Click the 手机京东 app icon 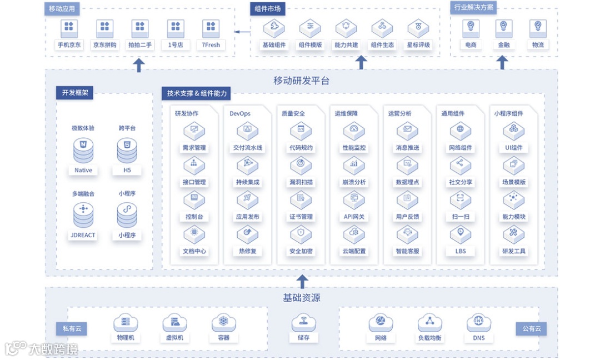69,27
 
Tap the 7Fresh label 211,45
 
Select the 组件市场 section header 268,8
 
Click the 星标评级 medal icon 418,27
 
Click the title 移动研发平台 301,81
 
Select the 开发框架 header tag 74,93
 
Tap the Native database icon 83,150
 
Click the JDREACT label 83,235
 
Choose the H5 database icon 127,150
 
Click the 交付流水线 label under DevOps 248,148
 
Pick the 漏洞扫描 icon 301,165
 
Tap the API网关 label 354,217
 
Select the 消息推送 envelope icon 407,131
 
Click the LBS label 461,251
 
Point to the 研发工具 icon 513,234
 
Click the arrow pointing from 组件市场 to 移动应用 242,32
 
